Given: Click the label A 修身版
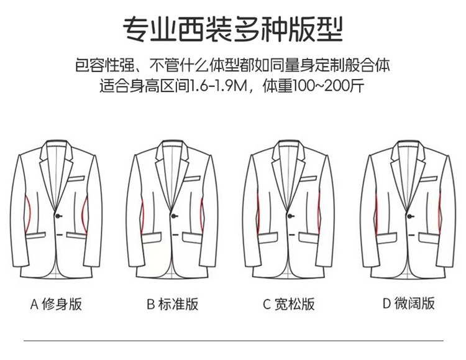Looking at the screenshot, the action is pos(56,304).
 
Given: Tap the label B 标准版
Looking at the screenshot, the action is pos(172,304).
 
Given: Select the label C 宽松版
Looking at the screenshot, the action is pos(288,304).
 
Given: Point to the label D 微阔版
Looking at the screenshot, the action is pos(409,303).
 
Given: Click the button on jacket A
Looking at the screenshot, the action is pos(58,216).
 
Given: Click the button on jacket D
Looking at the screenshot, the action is pos(410,216).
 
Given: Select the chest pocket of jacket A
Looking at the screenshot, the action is pos(76,178).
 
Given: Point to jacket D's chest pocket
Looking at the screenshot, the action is pos(429,179).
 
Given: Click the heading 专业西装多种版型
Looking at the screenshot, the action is pos(233,29).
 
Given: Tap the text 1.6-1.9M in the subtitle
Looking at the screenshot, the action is pos(218,86).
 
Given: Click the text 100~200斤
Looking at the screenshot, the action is pos(329,86).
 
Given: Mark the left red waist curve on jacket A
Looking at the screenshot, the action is pos(29,215).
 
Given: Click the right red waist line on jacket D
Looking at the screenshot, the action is pos(439,213).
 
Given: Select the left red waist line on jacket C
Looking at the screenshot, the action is pos(258,213).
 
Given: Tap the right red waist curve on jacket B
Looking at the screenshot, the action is pos(203,215).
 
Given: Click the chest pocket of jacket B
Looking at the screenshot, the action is pos(192,178).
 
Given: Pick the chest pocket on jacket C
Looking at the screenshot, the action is pos(308,178).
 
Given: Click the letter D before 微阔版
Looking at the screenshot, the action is pos(386,304).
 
